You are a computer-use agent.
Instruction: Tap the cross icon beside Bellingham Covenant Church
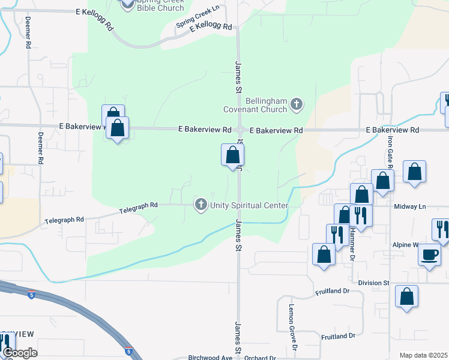tap(296, 105)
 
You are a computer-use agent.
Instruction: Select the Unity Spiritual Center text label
tap(249, 205)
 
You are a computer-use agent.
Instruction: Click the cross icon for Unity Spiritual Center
tap(201, 205)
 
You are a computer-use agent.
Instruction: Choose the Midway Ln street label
tap(409, 206)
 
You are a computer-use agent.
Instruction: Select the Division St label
tap(374, 283)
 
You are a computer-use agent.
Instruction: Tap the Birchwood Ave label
tap(210, 358)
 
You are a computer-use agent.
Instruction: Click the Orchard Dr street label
tap(260, 358)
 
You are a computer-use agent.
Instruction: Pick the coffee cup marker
tap(430, 254)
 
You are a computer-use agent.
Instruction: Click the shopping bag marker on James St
tap(232, 155)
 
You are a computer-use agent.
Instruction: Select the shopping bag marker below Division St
tap(407, 296)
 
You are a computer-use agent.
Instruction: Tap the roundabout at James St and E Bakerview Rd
tap(240, 130)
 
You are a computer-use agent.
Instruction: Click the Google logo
tap(20, 353)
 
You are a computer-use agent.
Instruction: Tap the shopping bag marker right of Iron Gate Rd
tap(414, 172)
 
